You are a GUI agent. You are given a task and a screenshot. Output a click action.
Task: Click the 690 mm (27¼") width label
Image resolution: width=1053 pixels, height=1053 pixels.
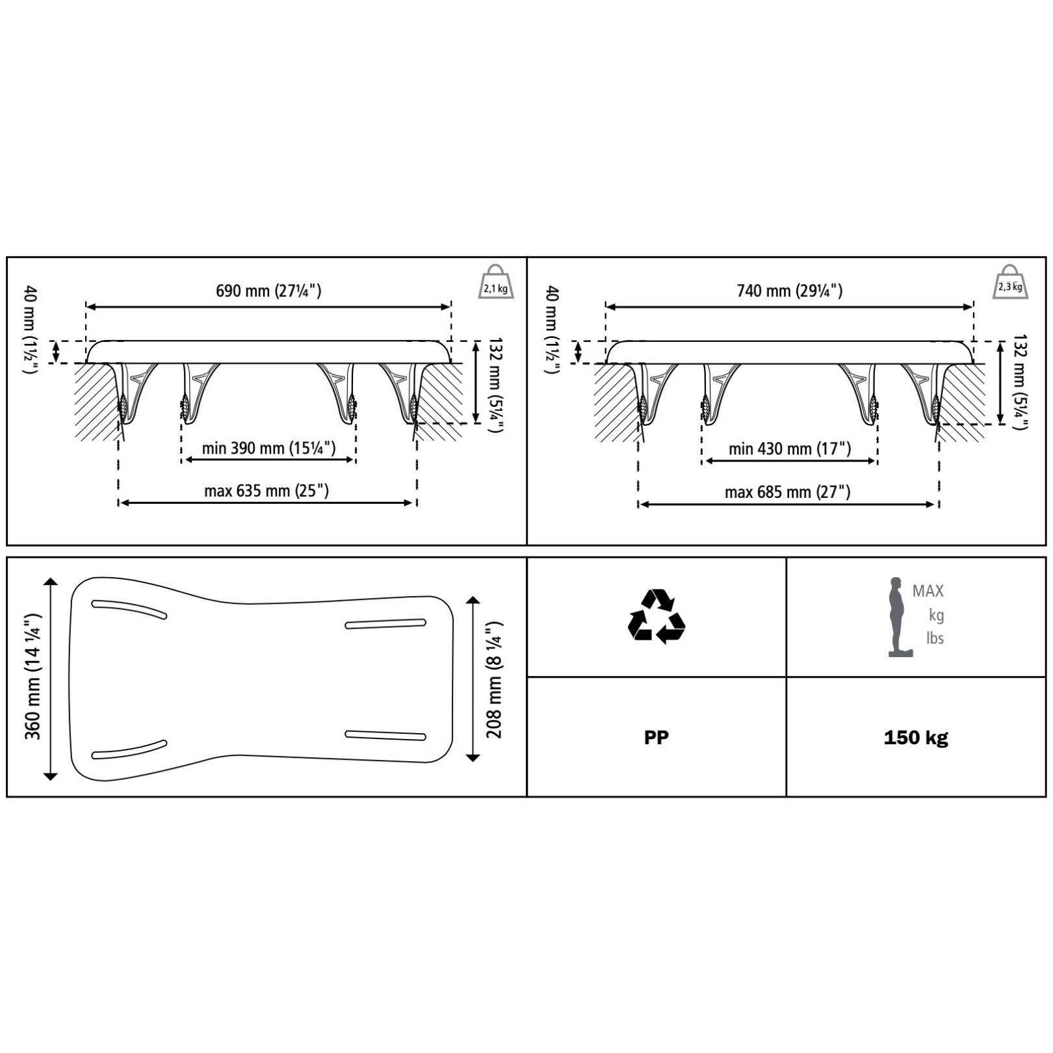click(x=268, y=291)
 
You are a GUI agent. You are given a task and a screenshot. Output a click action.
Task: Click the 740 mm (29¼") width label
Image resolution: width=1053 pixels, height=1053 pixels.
click(x=789, y=291)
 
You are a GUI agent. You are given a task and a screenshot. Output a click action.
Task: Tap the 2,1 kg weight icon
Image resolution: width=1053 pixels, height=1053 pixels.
click(x=496, y=283)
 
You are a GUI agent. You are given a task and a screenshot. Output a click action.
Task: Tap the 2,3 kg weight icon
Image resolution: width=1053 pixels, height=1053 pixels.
click(x=1010, y=283)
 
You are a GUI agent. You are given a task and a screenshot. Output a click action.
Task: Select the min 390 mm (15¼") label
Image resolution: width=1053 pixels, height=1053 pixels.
click(x=268, y=448)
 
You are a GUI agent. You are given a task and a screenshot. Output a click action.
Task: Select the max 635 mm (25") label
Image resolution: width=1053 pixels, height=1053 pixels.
click(x=266, y=491)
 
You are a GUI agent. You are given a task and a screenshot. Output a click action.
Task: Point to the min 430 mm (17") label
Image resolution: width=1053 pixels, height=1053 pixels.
click(x=789, y=448)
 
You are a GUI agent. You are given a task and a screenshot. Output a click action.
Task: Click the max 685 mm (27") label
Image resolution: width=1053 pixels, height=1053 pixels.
click(x=787, y=492)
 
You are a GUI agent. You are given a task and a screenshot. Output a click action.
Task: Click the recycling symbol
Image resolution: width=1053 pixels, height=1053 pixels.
click(x=656, y=616)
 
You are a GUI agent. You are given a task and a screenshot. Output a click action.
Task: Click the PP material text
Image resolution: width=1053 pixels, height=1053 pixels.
click(x=656, y=738)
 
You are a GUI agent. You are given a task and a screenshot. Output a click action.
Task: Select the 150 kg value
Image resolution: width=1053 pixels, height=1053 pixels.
click(x=916, y=738)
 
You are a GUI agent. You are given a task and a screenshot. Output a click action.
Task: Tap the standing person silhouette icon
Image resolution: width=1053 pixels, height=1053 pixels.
click(x=898, y=616)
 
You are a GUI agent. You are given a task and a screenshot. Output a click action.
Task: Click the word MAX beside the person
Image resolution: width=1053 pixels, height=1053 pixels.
click(x=928, y=591)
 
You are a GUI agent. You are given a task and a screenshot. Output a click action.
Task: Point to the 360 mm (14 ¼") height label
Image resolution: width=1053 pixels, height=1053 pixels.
click(x=32, y=676)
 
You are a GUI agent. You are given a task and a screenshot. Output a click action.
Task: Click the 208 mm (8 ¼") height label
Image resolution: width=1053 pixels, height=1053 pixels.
click(x=495, y=679)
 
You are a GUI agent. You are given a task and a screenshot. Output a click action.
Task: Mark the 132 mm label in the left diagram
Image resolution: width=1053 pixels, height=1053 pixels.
click(x=495, y=384)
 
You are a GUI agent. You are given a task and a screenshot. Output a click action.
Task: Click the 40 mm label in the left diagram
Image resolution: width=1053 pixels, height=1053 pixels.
click(x=31, y=329)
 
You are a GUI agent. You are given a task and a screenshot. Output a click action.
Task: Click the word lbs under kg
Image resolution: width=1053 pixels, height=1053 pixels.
click(x=935, y=638)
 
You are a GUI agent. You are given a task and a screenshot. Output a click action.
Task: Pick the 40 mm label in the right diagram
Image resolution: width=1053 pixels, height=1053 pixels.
click(x=552, y=329)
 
